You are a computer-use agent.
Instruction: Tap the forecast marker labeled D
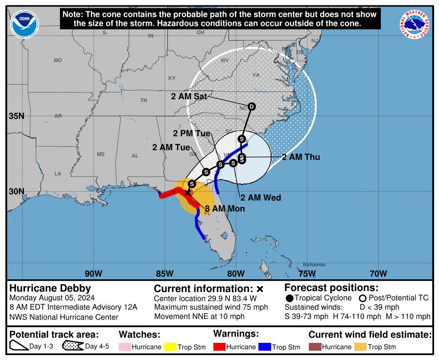252,107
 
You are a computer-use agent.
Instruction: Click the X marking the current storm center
187,193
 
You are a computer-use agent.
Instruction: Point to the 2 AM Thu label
301,157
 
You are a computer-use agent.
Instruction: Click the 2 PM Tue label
192,133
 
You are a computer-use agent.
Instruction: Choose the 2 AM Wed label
260,198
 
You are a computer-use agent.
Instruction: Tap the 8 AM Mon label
225,208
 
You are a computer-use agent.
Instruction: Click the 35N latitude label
17,116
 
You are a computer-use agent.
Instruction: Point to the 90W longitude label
93,273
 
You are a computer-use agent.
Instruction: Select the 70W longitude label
378,273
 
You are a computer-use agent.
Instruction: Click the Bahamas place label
314,265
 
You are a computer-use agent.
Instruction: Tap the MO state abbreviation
58,60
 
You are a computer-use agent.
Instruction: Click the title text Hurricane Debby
50,288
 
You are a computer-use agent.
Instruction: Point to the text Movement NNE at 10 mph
199,316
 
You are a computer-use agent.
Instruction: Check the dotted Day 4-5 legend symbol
72,347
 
